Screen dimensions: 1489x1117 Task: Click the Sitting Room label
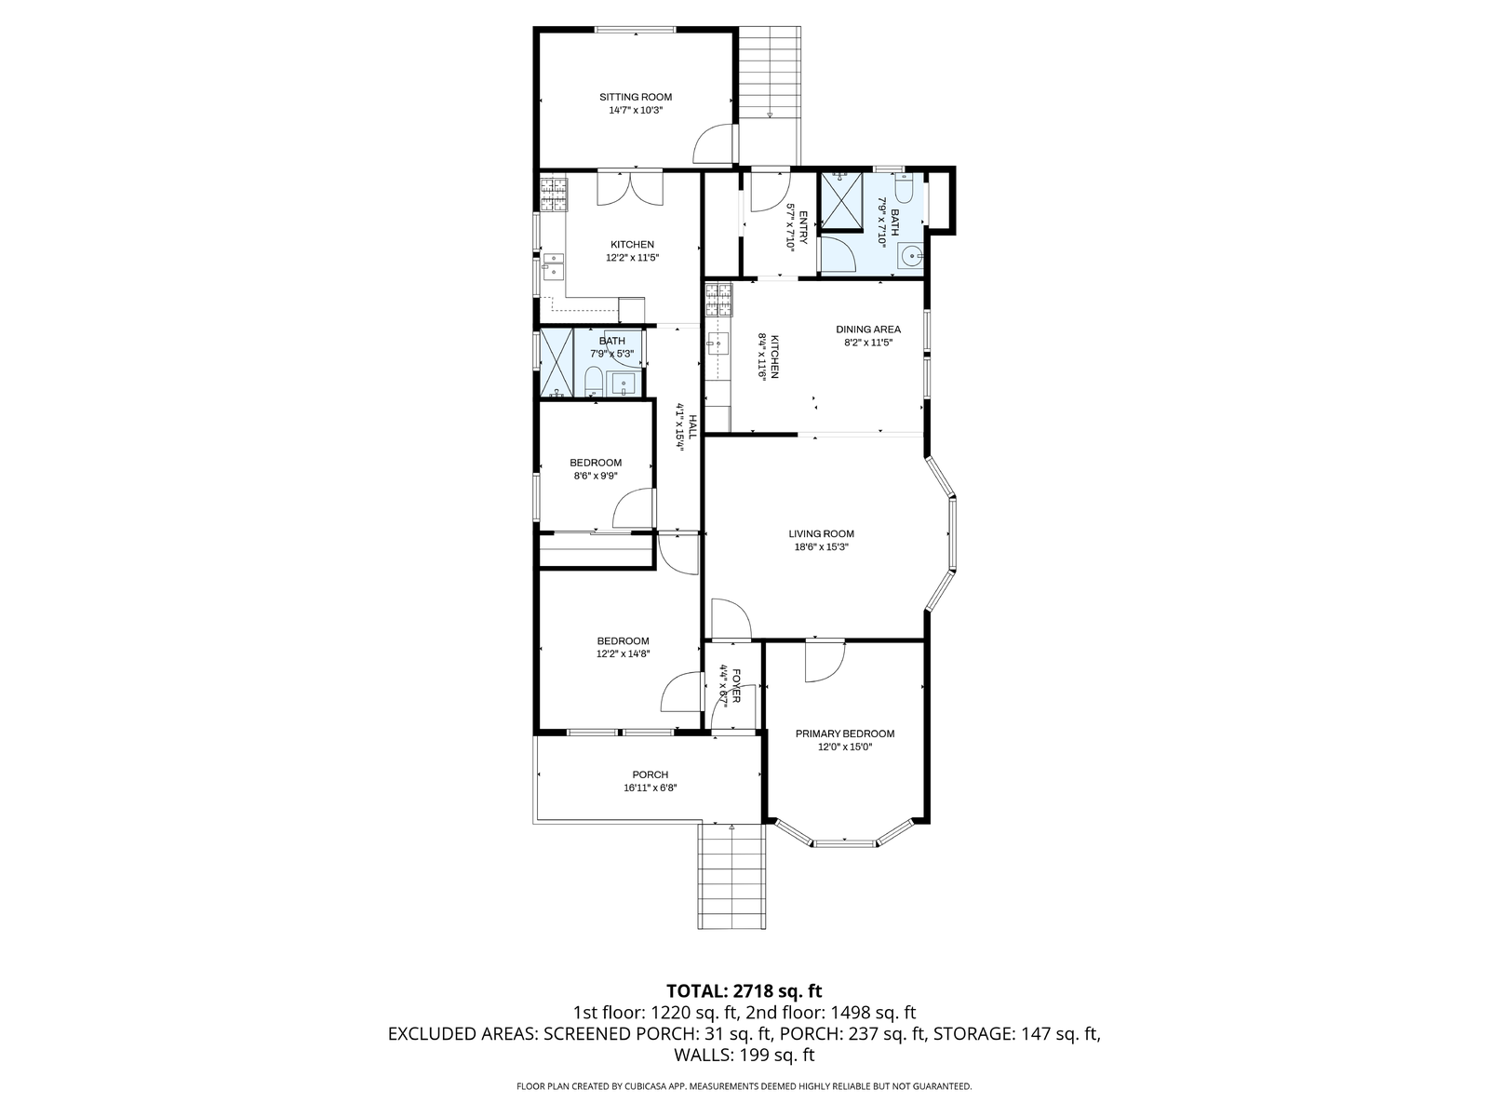coord(635,97)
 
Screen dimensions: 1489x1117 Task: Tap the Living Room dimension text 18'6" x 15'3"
coord(821,546)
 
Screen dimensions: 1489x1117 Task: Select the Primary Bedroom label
coord(845,733)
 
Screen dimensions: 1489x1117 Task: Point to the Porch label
coord(650,774)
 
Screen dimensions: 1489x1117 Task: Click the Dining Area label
coord(867,330)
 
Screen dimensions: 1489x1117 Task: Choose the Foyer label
coord(736,686)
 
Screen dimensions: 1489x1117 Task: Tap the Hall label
coord(692,426)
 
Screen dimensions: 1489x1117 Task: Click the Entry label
coord(803,227)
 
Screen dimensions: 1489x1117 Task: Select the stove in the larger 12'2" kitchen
coord(553,195)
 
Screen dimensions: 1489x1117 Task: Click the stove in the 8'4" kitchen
coord(719,301)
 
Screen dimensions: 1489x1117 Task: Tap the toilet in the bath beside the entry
coord(905,188)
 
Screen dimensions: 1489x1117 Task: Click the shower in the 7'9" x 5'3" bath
coord(557,363)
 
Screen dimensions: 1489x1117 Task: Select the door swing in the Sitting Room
coord(713,143)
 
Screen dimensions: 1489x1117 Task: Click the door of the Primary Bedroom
coord(825,661)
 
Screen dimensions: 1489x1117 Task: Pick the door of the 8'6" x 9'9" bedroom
coord(634,508)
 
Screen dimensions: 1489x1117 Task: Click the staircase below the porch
coord(732,876)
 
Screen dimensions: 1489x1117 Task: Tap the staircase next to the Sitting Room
coord(770,94)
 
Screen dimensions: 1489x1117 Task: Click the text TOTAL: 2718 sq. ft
coord(744,990)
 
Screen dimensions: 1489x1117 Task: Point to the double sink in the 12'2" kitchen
coord(554,265)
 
